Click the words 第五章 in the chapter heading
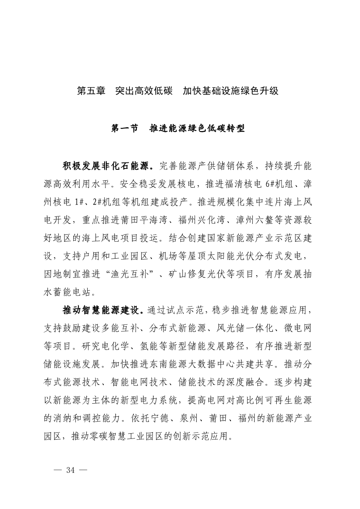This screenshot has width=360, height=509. (x=91, y=91)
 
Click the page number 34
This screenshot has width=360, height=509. (x=70, y=470)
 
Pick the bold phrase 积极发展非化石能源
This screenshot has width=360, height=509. (x=107, y=166)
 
